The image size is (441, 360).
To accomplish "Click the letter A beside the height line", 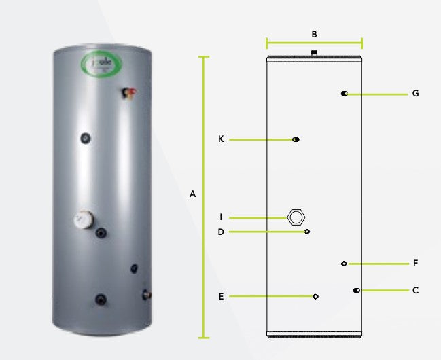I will [193, 194].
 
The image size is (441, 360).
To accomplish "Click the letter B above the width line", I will [314, 34].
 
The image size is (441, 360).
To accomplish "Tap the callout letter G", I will [414, 94].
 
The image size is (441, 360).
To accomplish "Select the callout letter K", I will [221, 139].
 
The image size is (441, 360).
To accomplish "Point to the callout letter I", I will [221, 217].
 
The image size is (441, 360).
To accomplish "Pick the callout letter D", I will [221, 232].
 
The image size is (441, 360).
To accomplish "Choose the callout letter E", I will [221, 296].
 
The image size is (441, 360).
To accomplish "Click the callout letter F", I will [414, 263].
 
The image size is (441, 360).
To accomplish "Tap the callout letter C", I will [414, 290].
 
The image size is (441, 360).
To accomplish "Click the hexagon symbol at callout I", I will [296, 217].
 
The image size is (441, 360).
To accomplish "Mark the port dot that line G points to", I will [345, 94].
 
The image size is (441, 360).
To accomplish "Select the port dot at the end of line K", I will [296, 139].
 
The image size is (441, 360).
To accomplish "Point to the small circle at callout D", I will [308, 232].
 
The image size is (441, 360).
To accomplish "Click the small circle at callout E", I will [316, 296].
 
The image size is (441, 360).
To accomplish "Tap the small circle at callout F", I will [344, 263].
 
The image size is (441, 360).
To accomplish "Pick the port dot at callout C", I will [356, 291].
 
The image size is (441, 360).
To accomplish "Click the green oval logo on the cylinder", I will [99, 65].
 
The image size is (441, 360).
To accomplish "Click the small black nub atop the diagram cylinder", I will [313, 52].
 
